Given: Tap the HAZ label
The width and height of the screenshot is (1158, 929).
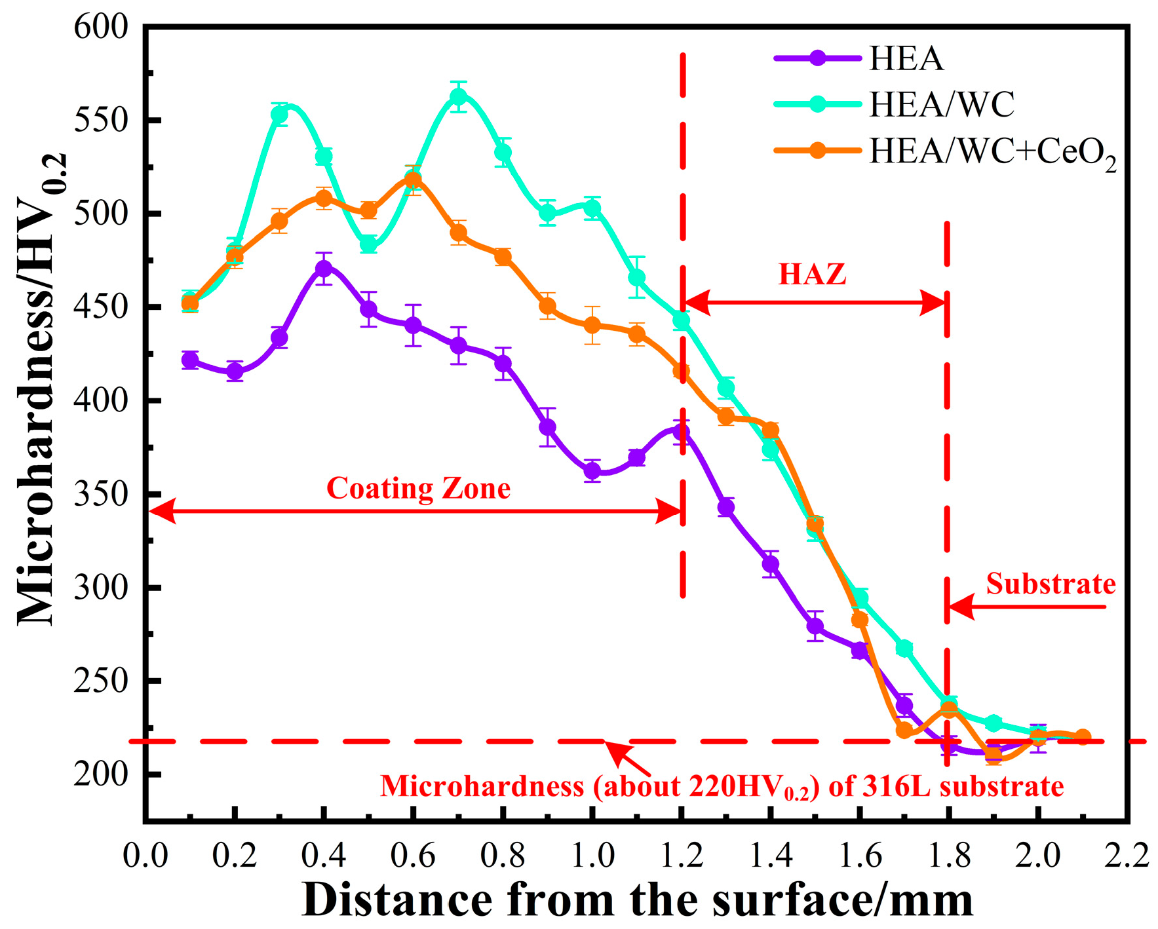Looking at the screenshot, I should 812,274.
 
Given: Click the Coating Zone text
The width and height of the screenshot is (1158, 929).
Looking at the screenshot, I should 418,489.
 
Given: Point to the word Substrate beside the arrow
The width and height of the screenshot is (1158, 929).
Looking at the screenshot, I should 1051,584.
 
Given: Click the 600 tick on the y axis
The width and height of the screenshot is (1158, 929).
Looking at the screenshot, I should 101,28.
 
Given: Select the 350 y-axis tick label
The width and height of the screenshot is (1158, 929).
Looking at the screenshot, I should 101,494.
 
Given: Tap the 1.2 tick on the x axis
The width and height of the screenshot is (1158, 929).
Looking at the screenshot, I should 682,856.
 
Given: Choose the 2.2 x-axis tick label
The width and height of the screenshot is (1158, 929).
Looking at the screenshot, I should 1127,856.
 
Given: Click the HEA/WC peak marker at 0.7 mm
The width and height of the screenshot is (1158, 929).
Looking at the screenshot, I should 459,97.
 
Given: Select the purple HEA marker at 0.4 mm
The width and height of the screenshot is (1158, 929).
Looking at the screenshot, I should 324,269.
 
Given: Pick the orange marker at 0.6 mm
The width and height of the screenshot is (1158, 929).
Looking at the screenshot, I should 413,180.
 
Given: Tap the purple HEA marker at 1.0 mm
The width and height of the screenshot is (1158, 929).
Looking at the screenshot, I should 592,470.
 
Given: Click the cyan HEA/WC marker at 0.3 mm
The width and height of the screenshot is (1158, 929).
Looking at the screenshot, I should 280,115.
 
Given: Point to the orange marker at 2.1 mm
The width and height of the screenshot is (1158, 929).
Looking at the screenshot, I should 1083,737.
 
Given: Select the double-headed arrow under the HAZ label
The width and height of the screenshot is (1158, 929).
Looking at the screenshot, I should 815,303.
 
